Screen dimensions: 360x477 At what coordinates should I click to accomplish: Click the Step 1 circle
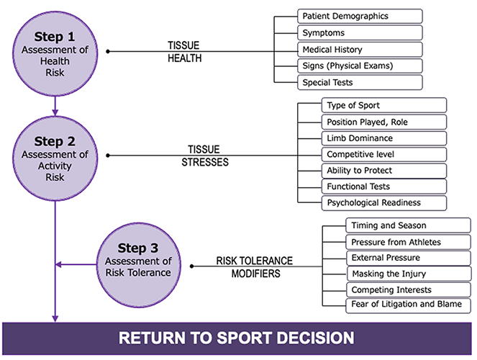tap(55, 52)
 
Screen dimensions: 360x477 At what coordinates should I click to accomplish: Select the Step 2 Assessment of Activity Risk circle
tap(55, 155)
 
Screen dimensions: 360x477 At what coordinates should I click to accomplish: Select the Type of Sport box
tap(383, 105)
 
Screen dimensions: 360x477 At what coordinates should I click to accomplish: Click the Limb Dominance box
tap(383, 138)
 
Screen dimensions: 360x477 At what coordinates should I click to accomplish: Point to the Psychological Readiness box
tap(383, 203)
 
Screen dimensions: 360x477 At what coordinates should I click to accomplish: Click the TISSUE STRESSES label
tap(204, 156)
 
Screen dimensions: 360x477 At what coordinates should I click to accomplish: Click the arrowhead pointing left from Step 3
tap(60, 266)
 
